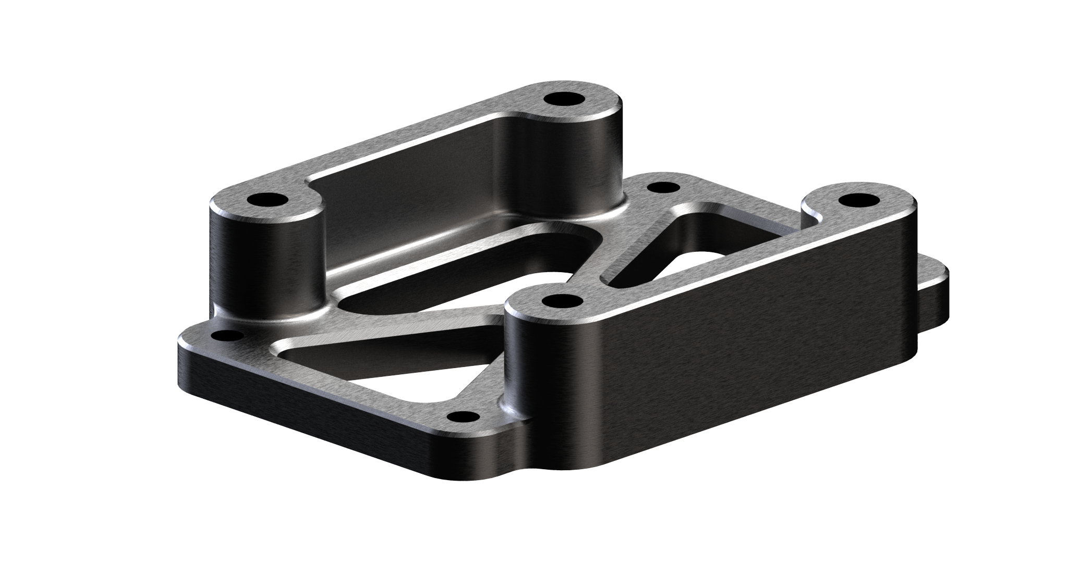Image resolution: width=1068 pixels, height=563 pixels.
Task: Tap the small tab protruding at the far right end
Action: coord(933,292)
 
